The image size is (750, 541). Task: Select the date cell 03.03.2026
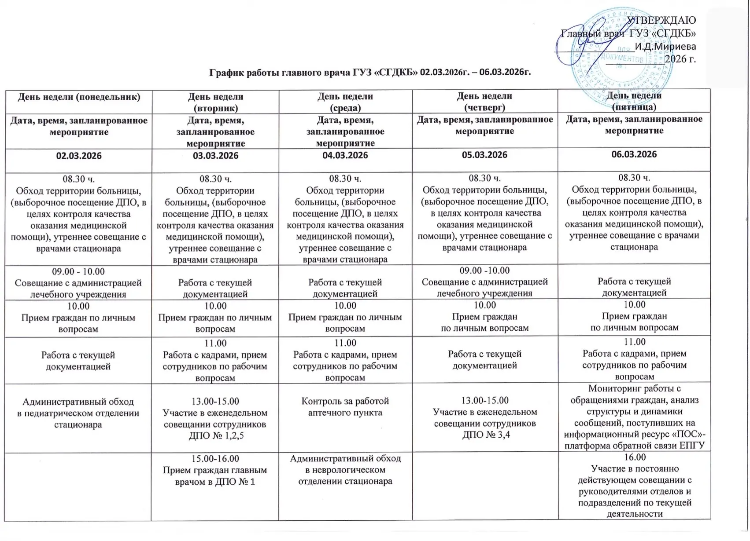point(216,156)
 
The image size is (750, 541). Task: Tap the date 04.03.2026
point(345,156)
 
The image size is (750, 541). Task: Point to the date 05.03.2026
point(484,155)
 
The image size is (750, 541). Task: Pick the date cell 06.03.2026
point(634,155)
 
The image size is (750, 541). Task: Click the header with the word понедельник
point(79,97)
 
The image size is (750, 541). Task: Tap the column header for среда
point(345,102)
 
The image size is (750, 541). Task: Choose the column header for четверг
point(484,101)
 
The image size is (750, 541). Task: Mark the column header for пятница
point(634,101)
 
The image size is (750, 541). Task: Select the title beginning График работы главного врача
point(370,72)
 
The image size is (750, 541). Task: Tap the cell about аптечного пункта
point(345,407)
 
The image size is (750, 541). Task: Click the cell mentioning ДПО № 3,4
point(484,418)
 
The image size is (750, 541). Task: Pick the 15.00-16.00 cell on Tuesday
point(216,470)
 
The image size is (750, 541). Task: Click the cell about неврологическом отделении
point(345,470)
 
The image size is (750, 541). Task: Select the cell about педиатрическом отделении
point(78,413)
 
